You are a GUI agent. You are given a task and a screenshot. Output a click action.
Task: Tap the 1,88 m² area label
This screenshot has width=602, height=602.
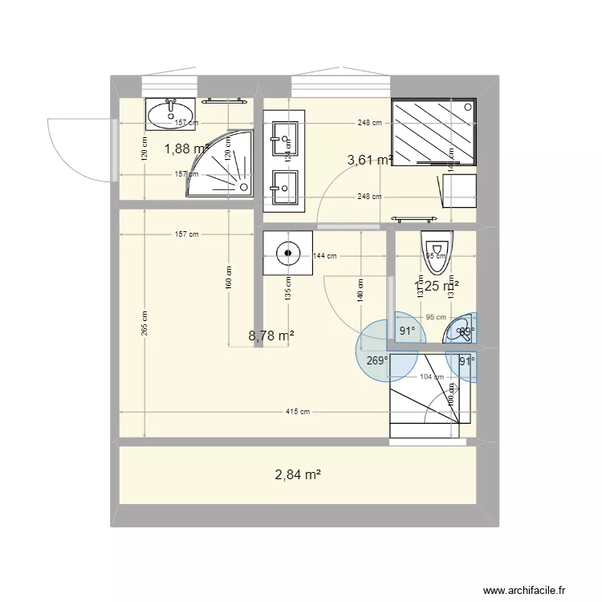click(x=186, y=148)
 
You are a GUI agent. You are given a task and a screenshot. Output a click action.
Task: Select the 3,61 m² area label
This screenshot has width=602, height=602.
click(x=369, y=160)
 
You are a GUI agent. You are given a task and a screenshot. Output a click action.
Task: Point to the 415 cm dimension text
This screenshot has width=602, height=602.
click(x=298, y=412)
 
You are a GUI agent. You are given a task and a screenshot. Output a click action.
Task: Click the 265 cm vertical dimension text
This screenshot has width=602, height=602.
click(x=145, y=325)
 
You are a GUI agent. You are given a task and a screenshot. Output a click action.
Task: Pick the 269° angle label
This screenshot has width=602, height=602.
click(x=377, y=360)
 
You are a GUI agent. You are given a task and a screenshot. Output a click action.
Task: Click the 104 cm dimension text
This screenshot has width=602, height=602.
click(x=432, y=377)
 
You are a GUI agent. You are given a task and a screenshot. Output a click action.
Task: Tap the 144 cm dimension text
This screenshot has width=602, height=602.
click(x=324, y=256)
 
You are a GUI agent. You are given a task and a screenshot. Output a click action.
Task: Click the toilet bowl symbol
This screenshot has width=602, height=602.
click(x=437, y=248)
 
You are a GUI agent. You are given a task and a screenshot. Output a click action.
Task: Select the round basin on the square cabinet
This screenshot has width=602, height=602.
click(x=287, y=254)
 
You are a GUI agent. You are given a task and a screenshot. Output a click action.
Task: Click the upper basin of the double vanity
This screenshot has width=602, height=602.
click(x=285, y=137)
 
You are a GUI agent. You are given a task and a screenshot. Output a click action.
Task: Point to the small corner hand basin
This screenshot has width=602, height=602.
click(x=461, y=328)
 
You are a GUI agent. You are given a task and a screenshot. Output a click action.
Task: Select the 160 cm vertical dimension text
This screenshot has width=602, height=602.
click(x=229, y=278)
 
